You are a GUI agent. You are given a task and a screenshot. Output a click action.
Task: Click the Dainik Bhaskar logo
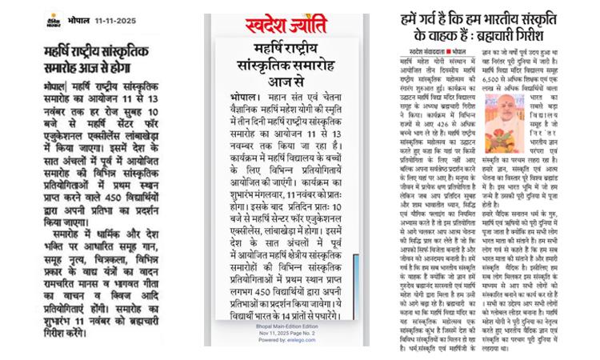[x=54, y=19]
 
